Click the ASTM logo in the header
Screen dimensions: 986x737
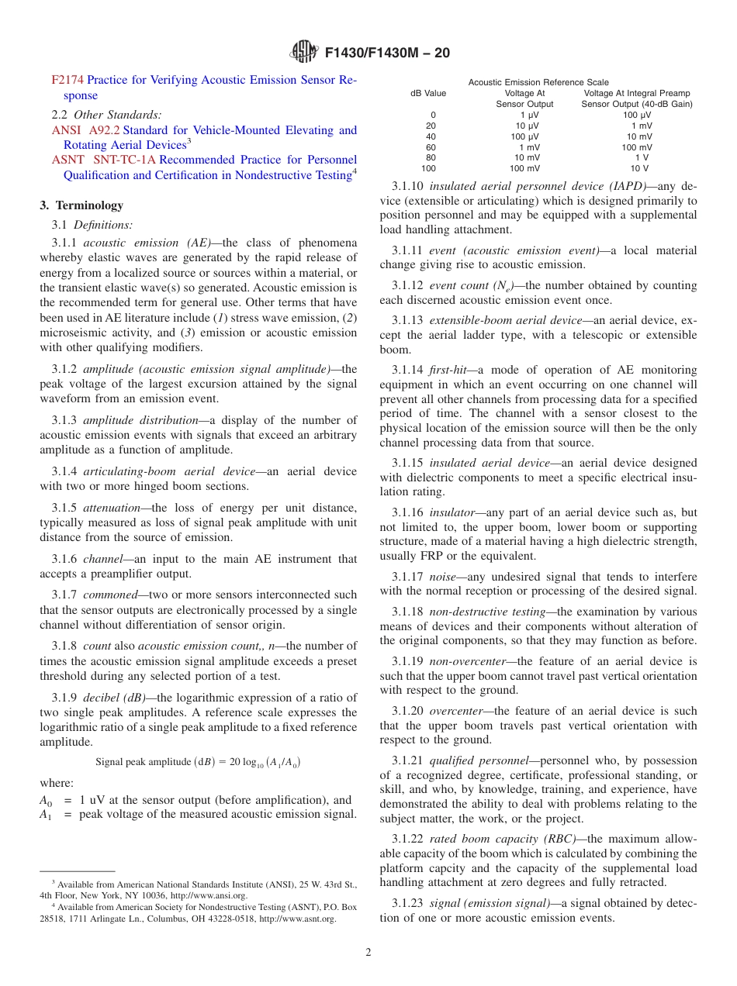coord(303,53)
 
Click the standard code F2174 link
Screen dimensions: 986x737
coord(67,80)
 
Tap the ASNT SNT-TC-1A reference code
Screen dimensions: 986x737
coord(103,160)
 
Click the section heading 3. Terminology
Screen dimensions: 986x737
coord(81,205)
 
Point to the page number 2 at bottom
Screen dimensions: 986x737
coord(368,953)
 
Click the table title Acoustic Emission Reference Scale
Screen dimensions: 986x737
coord(538,82)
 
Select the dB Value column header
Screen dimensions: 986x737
coord(428,93)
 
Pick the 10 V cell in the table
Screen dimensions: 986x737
coord(639,168)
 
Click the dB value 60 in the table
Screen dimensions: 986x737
coord(431,147)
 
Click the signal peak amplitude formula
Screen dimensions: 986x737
coord(198,762)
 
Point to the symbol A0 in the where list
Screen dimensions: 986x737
coord(46,801)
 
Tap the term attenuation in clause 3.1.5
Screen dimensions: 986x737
coord(112,508)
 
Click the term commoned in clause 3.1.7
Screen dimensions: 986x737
coord(110,595)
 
